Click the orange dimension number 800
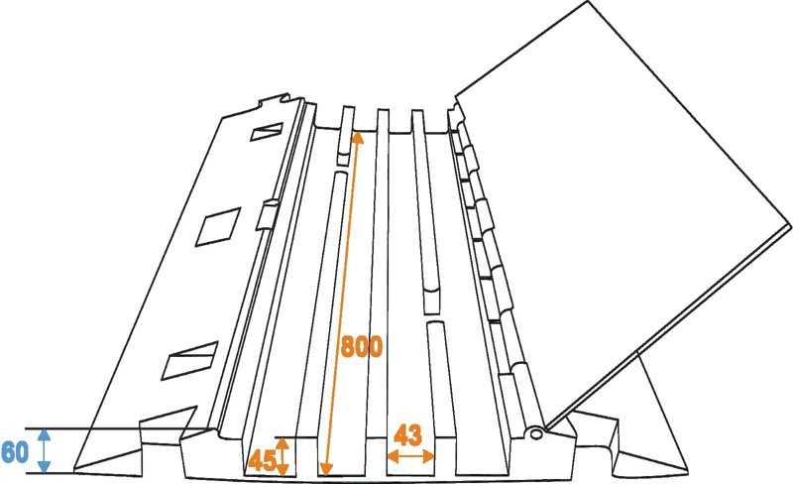(362, 346)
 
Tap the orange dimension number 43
(407, 434)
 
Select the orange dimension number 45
(262, 461)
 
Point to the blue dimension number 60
(15, 451)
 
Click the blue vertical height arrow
(45, 450)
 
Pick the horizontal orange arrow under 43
(410, 456)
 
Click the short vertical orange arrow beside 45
(283, 457)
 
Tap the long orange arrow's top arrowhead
(358, 138)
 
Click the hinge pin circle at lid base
(533, 433)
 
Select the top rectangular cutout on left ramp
(267, 132)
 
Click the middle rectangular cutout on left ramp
(218, 227)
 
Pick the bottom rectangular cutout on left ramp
(189, 361)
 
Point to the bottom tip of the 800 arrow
(327, 474)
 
